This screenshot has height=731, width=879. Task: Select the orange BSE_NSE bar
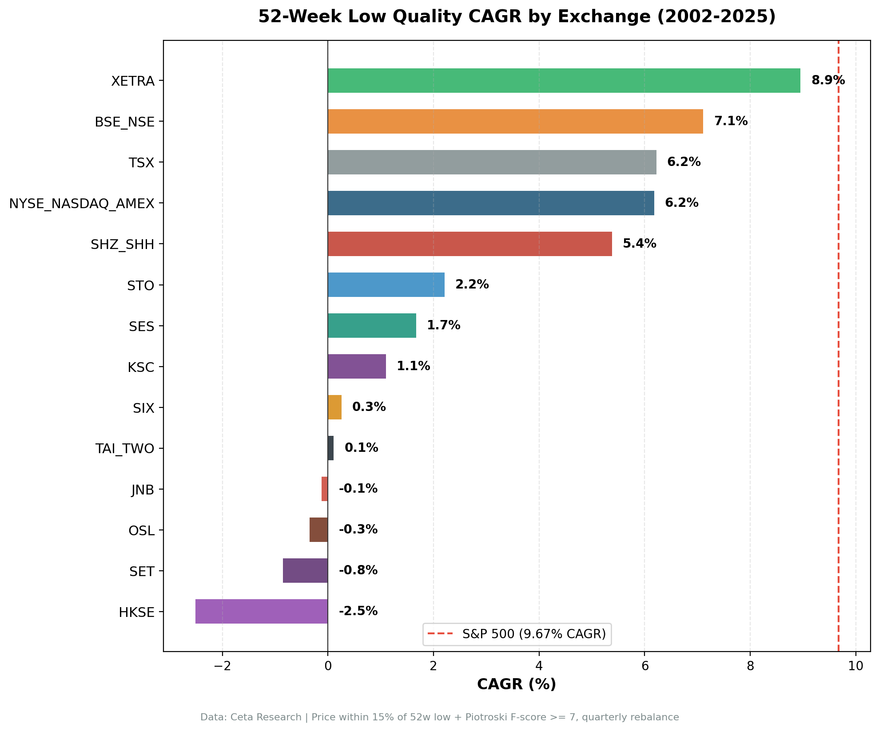(x=515, y=121)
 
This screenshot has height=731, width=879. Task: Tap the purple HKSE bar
(x=262, y=611)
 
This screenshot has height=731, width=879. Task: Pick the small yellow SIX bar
(x=334, y=407)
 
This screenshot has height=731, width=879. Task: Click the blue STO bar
(x=386, y=284)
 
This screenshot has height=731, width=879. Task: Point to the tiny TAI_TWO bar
(x=330, y=448)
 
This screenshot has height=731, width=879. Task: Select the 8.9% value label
(x=827, y=80)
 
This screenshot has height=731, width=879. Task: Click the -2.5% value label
(x=358, y=611)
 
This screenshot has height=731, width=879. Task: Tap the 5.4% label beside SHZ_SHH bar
(x=639, y=244)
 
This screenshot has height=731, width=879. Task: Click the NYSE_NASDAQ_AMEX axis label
(x=82, y=204)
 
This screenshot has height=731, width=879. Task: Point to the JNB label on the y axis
(x=143, y=490)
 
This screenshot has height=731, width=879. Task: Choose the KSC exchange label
(x=141, y=367)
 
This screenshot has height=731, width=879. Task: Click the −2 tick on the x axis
(x=222, y=666)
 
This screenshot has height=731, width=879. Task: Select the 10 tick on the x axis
(x=855, y=666)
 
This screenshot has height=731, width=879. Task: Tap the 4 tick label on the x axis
(x=539, y=666)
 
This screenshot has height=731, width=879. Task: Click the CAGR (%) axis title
(x=516, y=684)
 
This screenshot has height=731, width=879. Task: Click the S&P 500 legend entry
(x=517, y=634)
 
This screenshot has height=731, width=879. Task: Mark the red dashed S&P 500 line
(x=838, y=355)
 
